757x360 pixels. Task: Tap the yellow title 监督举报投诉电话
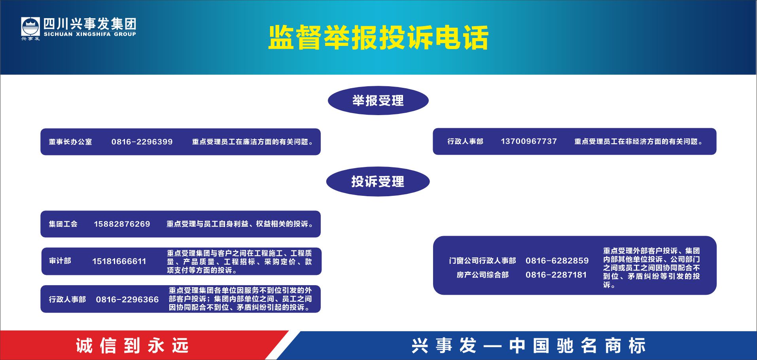[378, 38]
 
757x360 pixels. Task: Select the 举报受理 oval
[378, 100]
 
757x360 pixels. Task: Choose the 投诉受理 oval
[378, 182]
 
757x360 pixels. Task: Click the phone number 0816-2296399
[142, 142]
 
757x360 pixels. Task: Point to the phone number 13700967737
[529, 141]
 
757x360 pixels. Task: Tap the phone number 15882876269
[122, 224]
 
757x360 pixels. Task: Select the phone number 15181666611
[119, 261]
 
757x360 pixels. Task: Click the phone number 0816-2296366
[127, 299]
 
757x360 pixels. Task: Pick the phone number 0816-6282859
[557, 261]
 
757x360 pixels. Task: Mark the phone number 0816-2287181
[556, 275]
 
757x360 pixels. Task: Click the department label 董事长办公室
[70, 142]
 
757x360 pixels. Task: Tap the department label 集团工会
[63, 224]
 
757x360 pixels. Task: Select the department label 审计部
[60, 261]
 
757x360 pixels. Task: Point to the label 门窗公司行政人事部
[483, 261]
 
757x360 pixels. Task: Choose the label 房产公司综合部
[483, 275]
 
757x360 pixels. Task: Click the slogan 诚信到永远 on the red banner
[132, 346]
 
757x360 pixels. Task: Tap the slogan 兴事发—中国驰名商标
[528, 346]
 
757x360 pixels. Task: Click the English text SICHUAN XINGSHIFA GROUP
[90, 34]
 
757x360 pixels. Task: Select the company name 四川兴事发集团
[90, 24]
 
